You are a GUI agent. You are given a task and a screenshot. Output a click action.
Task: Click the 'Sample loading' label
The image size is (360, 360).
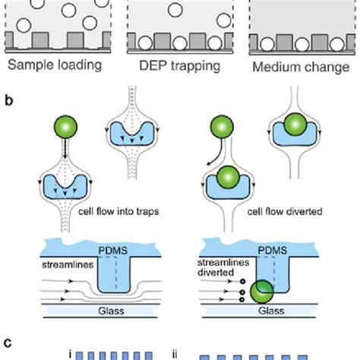click(x=54, y=65)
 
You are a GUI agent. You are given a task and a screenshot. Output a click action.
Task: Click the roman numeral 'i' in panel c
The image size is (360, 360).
click(x=69, y=352)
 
